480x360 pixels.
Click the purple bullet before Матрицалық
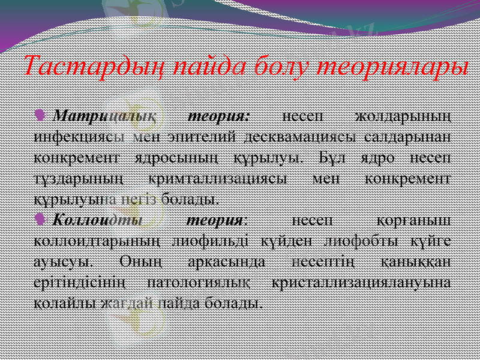point(40,113)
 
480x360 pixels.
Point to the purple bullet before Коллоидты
point(40,219)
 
